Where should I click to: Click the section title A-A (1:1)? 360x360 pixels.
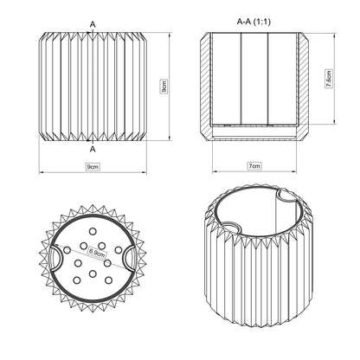coord(254,22)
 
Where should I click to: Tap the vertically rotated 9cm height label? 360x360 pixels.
coord(164,87)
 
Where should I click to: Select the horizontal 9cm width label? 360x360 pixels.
coord(93,167)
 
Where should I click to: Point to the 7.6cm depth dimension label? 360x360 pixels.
coord(329,79)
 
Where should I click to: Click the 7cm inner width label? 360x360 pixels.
coord(254,166)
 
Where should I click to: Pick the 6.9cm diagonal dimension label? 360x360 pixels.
coord(97,253)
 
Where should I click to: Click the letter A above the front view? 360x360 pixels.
coord(93,24)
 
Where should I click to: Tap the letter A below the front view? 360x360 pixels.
coord(93,149)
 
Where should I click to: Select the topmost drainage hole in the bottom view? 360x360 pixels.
coord(93,231)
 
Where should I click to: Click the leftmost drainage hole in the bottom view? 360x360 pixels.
coord(67,250)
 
